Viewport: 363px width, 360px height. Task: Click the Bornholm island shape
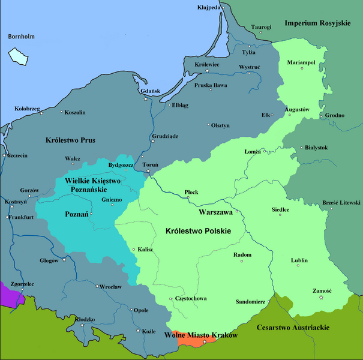[x=18, y=56]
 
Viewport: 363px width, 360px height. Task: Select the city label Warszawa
[x=216, y=212]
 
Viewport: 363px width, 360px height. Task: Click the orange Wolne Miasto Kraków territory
[x=191, y=339]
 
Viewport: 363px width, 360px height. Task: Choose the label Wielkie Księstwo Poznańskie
[x=92, y=185]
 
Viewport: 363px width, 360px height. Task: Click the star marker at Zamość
[x=322, y=298]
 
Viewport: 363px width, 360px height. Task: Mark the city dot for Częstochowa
[x=170, y=298]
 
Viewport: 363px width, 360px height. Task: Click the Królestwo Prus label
[x=71, y=140]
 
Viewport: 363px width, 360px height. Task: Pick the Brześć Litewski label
[x=341, y=202]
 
